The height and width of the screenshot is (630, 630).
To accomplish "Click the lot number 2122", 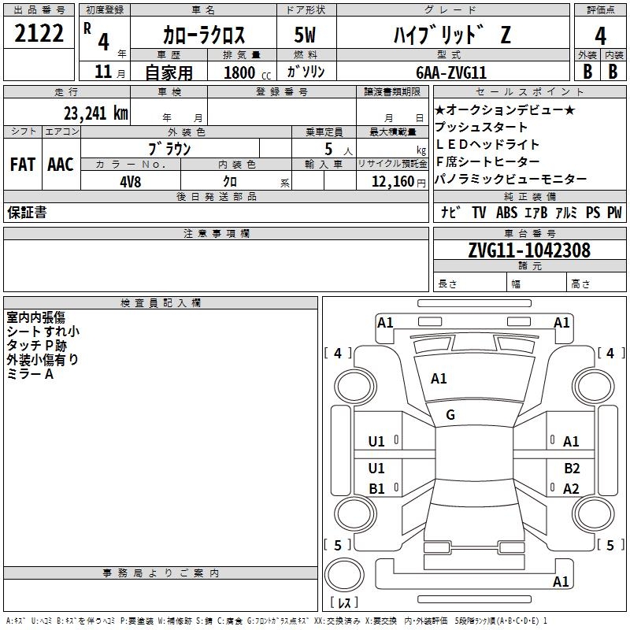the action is pos(39,33).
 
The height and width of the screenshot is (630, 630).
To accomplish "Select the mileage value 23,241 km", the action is pos(96,113).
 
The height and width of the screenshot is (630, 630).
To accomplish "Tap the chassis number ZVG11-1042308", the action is pos(529,250).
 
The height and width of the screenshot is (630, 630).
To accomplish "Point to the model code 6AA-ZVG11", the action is pos(451,72).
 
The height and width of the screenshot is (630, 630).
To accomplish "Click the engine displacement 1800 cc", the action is pos(247,72).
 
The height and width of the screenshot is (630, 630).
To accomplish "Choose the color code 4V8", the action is pos(131,182).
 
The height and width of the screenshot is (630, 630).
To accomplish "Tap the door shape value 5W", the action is pos(305,35).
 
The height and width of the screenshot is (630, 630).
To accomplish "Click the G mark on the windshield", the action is pos(450,415).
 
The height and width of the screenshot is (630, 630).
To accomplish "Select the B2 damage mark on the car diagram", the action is pos(572,468).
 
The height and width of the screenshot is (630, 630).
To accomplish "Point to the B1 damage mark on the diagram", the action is pos(376,488).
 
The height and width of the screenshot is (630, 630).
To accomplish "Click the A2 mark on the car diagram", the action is pos(571,488).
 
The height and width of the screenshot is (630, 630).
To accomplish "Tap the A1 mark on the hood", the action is pos(439,379).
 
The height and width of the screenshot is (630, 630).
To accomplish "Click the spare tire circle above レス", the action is pos(344,575).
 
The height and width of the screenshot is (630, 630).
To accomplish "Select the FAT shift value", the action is pos(23,165).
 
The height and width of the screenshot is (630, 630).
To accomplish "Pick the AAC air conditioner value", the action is pos(61,165).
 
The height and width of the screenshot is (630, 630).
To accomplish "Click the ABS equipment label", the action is pos(506,212).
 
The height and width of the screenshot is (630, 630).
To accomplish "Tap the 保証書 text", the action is pos(27,212).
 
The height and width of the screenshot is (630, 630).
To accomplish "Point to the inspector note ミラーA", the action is pos(30,374).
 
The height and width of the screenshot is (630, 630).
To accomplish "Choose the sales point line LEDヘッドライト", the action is pos(487,144).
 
